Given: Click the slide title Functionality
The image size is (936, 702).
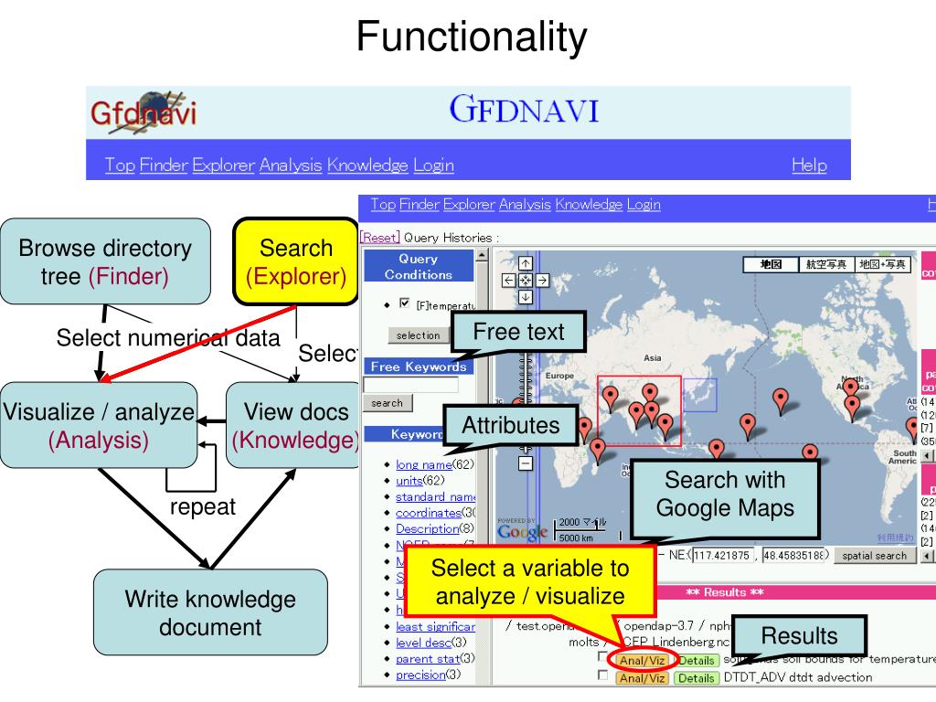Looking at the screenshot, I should click(471, 37).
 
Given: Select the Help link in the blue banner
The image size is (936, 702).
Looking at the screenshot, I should click(809, 165).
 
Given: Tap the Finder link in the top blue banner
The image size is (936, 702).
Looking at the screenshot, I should click(163, 165).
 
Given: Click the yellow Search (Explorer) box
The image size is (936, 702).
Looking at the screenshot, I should click(296, 261).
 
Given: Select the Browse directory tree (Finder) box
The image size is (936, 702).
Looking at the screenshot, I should click(105, 261).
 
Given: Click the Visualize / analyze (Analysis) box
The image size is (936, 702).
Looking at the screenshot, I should click(99, 426).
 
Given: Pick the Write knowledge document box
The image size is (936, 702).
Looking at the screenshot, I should click(210, 613).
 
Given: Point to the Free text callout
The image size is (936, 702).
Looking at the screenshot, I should click(519, 333).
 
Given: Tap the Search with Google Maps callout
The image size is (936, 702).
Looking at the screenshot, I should click(726, 494).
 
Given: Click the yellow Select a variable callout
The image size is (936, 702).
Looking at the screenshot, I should click(530, 582).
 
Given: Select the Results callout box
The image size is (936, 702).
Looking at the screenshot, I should click(799, 636).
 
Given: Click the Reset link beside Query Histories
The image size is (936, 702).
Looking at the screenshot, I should click(379, 238).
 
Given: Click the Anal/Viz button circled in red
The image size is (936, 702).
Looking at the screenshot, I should click(643, 659).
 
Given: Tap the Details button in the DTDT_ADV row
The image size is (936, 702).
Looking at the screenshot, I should click(697, 678).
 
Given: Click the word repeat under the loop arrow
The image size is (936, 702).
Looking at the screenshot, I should click(202, 506).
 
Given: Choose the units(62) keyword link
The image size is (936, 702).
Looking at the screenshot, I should click(409, 481).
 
